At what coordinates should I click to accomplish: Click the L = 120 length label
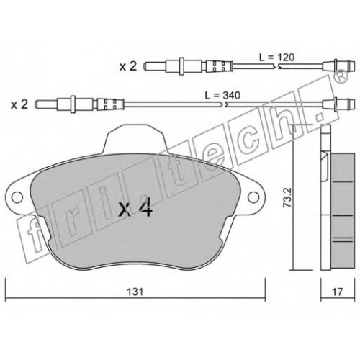(276, 58)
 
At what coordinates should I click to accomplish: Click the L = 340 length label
(222, 96)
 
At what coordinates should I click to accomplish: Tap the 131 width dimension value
(135, 292)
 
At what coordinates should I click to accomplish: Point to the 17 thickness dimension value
(337, 292)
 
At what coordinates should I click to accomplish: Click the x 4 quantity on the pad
(136, 208)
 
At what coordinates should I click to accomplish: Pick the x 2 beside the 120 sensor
(128, 66)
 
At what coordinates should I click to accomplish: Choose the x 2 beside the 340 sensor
(19, 104)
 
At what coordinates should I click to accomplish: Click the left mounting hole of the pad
(17, 197)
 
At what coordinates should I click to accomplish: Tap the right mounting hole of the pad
(253, 197)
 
